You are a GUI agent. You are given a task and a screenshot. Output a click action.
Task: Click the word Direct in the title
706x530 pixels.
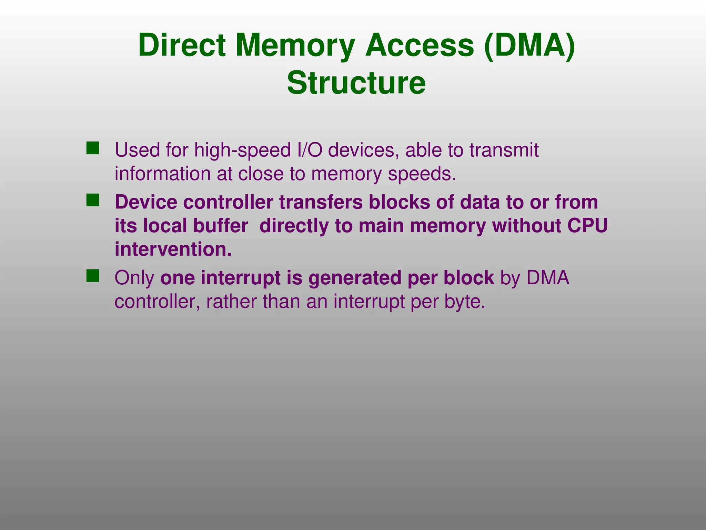[182, 45]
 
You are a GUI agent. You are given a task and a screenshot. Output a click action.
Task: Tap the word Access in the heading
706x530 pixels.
[420, 45]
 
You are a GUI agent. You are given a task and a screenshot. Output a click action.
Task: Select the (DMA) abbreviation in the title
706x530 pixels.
[529, 45]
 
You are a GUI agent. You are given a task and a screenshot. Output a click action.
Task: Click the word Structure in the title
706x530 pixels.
[356, 83]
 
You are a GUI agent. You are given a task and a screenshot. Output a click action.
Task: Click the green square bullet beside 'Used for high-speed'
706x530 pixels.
[93, 148]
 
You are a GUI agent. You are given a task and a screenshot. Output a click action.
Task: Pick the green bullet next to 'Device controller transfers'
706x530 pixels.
[93, 200]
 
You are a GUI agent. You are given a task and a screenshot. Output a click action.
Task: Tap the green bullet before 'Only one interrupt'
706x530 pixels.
[93, 276]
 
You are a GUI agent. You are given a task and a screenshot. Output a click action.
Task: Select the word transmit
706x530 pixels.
[504, 150]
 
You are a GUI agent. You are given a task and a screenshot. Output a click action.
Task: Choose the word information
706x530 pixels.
[162, 174]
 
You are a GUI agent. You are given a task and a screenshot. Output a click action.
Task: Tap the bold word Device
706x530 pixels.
[146, 202]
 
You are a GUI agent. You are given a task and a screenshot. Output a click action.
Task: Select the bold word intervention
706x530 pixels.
[173, 249]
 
